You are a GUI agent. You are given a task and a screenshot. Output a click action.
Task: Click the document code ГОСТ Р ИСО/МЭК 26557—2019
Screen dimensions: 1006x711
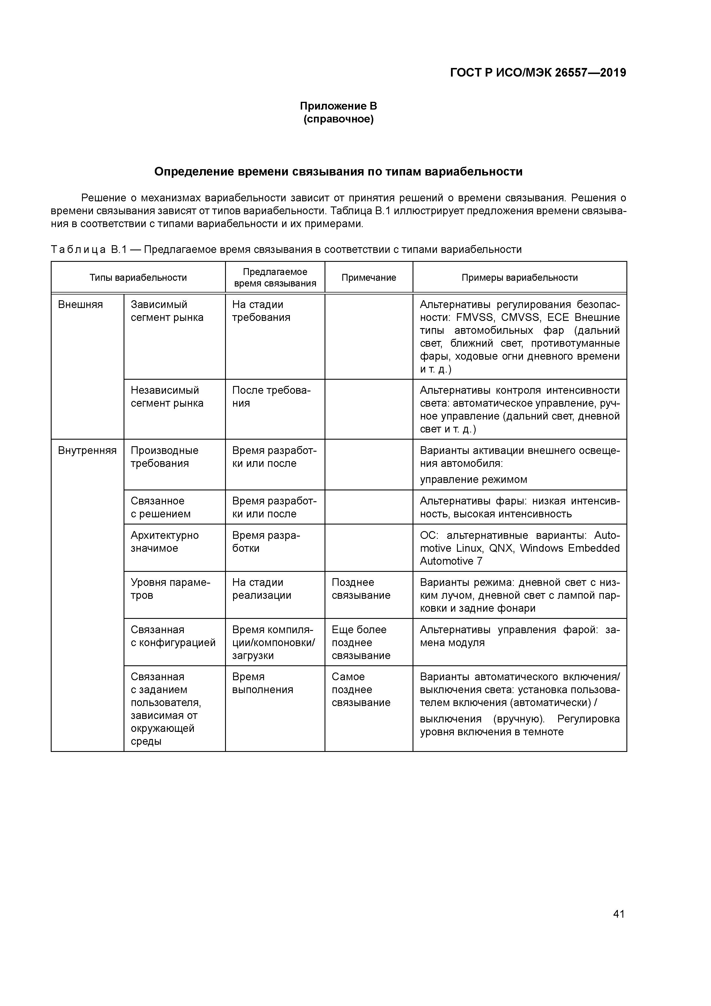tap(538, 73)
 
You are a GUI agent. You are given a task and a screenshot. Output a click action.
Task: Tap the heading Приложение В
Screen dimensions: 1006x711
tap(338, 106)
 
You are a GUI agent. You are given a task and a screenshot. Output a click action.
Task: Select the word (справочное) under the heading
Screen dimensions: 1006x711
tap(338, 119)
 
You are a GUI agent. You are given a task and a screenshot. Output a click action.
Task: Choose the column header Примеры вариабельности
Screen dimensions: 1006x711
tap(519, 277)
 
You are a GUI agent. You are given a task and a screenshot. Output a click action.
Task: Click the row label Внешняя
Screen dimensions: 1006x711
tap(81, 305)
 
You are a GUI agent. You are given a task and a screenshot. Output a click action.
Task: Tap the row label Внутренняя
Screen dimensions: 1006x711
tap(87, 451)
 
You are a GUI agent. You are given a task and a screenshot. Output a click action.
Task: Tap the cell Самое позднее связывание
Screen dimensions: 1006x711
tap(361, 690)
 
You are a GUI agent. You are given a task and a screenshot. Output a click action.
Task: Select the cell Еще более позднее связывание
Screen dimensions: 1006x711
tap(361, 642)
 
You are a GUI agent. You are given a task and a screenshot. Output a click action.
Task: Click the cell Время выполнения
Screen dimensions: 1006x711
tap(262, 683)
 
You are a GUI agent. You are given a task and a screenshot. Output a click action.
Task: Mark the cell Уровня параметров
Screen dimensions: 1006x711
tap(170, 588)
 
